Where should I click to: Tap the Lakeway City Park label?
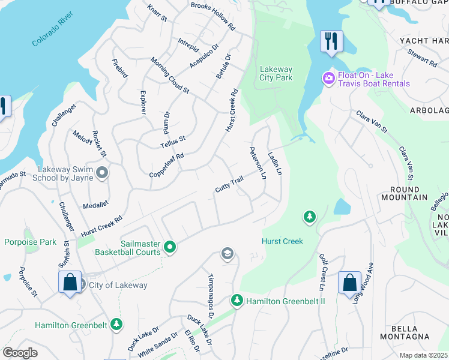(x=276, y=73)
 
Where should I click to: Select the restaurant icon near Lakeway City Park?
(x=331, y=41)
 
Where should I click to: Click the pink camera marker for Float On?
(x=328, y=78)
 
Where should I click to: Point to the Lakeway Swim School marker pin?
(x=102, y=173)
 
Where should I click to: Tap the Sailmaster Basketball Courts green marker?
(x=170, y=247)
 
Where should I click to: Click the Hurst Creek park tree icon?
(x=309, y=217)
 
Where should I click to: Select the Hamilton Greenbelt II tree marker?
(x=237, y=300)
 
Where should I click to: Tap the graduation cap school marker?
(x=226, y=254)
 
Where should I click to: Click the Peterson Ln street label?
(x=258, y=163)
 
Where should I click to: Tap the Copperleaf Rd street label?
(x=166, y=165)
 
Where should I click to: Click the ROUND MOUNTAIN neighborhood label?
(x=404, y=193)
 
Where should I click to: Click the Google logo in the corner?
(x=20, y=353)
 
